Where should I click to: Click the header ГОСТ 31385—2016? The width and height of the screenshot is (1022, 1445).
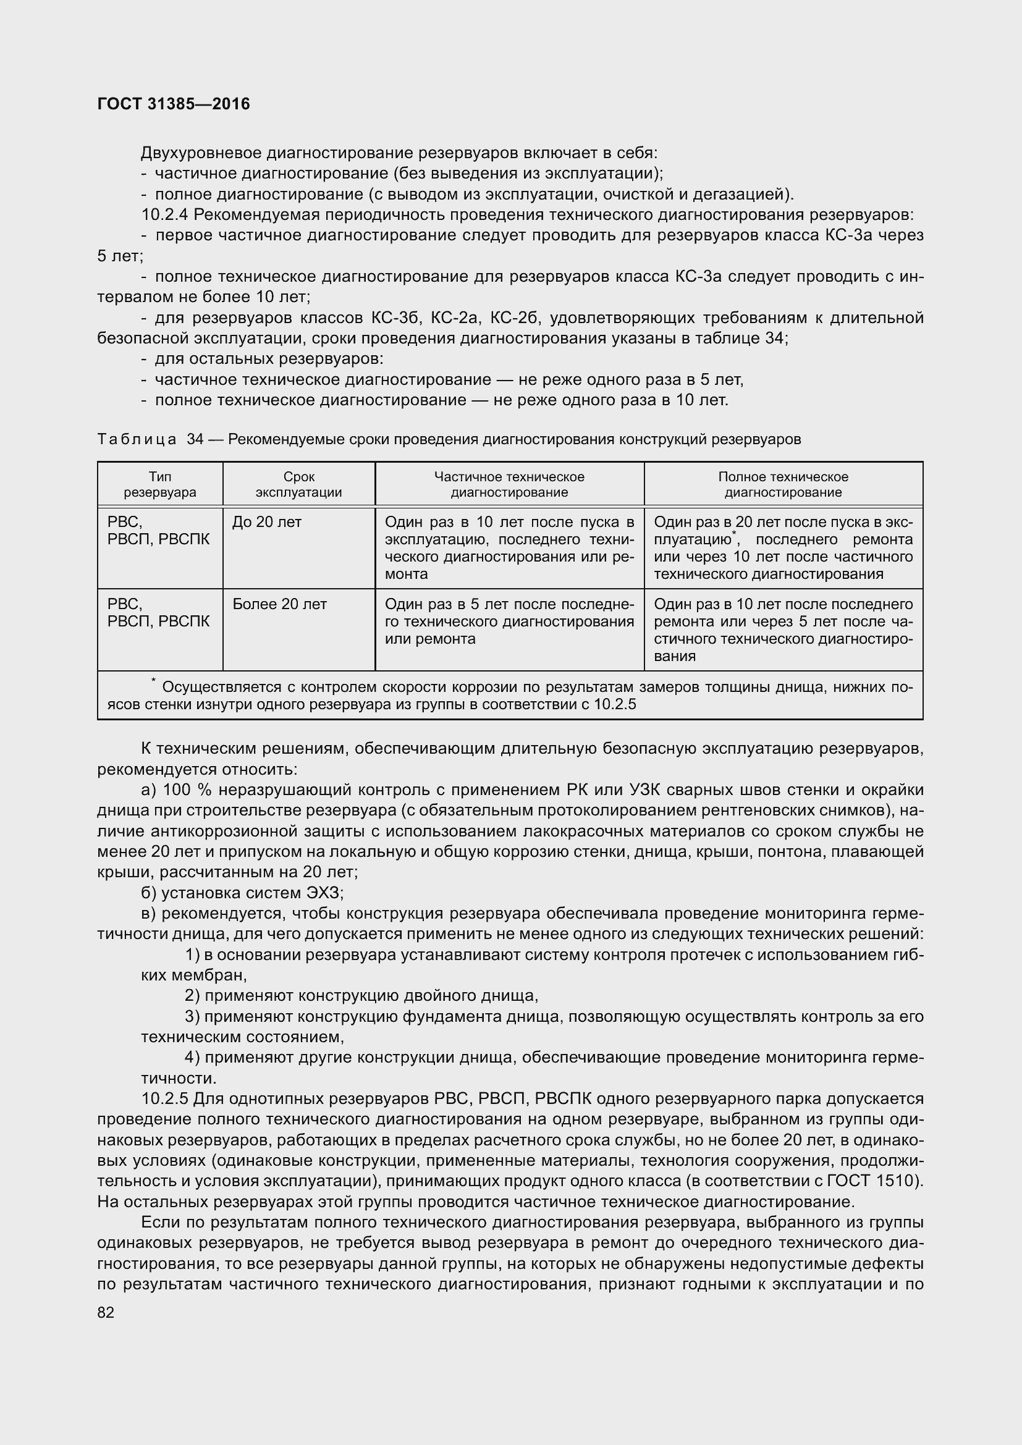174,104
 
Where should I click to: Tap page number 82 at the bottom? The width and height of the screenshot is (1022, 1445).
106,1312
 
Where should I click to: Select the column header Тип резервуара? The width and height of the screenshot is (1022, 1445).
160,484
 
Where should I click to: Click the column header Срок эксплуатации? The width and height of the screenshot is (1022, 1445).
298,484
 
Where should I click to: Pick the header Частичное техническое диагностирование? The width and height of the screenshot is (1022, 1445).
509,484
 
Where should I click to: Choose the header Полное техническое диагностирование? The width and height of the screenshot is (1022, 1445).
783,484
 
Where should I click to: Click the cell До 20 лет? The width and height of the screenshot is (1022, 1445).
267,522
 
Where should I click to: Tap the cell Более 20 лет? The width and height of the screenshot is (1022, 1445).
279,604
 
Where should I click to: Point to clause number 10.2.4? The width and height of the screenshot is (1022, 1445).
164,214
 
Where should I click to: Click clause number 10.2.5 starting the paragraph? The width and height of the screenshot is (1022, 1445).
164,1099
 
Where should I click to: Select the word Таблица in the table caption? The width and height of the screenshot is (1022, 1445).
137,439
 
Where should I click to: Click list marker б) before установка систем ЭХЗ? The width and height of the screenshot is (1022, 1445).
148,893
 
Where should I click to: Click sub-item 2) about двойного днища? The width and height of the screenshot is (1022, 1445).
192,996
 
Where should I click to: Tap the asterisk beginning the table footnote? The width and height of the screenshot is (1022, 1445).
153,681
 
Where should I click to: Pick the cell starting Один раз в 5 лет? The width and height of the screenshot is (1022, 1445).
509,621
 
